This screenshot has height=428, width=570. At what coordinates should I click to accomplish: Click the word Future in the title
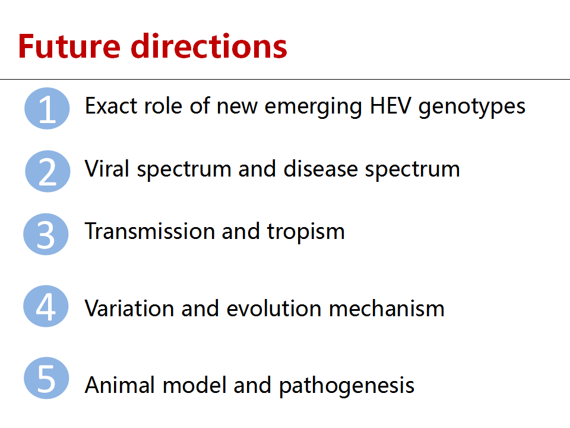(x=69, y=46)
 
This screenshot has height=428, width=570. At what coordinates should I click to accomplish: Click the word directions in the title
(x=209, y=46)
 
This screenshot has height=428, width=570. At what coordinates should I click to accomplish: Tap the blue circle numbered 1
(x=47, y=108)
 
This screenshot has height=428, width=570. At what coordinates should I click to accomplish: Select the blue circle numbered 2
(x=47, y=171)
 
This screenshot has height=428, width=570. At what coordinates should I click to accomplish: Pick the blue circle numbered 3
(x=46, y=234)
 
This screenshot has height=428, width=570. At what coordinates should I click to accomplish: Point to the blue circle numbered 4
(x=46, y=306)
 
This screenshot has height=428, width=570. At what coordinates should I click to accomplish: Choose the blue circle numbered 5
(x=46, y=378)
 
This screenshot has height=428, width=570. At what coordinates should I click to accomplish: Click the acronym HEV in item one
(x=391, y=106)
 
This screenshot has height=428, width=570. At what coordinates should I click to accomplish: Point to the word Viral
(x=107, y=169)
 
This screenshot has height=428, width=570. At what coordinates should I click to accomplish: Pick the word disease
(x=321, y=169)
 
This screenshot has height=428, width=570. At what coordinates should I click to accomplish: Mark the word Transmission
(x=150, y=231)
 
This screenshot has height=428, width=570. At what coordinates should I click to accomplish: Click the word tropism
(x=306, y=233)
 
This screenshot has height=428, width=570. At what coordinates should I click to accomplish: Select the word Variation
(x=129, y=309)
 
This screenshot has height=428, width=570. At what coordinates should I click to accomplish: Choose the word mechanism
(x=387, y=309)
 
